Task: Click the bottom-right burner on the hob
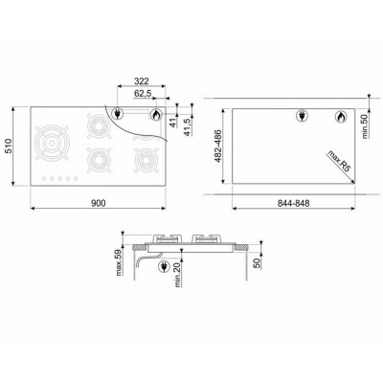click(146, 157)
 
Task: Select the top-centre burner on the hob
click(97, 124)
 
